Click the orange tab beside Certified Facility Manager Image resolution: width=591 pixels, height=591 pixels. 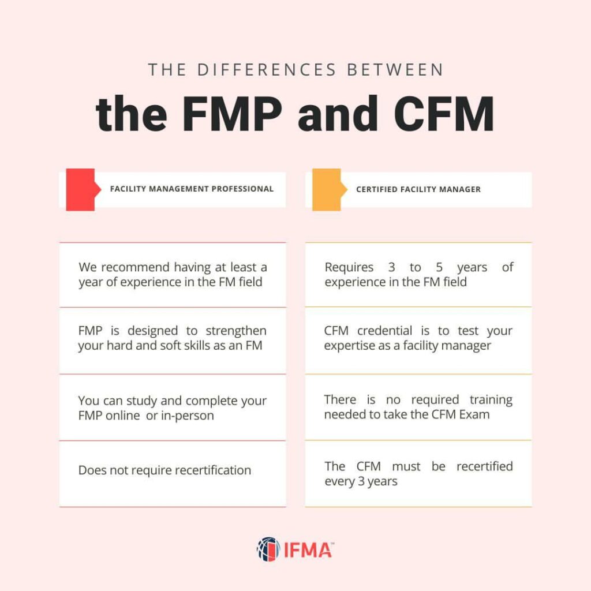pos(328,189)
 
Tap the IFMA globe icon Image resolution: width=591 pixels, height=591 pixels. pos(268,549)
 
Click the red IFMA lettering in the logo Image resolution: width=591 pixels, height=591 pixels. pos(308,550)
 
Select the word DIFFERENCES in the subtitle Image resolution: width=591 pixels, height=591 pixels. pos(267,70)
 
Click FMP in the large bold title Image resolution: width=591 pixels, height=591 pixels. pos(232,114)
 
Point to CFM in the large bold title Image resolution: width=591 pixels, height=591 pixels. pos(444,114)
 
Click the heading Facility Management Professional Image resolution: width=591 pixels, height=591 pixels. pos(192,189)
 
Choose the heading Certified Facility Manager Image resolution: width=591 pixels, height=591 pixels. pos(418,189)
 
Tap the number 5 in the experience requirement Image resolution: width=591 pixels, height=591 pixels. pos(439,267)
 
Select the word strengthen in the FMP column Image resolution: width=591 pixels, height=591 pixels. pos(236,331)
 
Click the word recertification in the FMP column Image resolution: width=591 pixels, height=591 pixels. pos(213,470)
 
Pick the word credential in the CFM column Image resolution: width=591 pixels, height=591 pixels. pos(384,331)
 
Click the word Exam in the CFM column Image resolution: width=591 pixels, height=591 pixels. pos(474,414)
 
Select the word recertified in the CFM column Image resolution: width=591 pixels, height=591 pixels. pos(485,466)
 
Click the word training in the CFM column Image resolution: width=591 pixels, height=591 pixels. pos(491,400)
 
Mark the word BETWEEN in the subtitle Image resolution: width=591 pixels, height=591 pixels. pos(395,70)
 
